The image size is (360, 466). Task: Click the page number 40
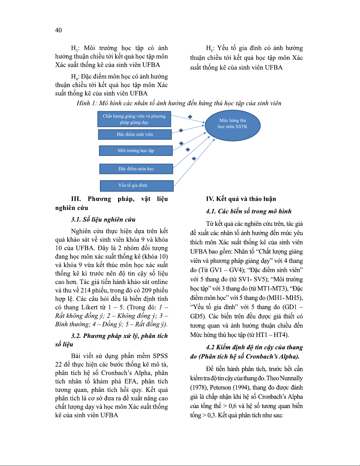click(58, 30)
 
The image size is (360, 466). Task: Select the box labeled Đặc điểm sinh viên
click(135, 134)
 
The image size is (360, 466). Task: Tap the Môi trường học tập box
click(136, 151)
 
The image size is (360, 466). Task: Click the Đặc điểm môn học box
click(136, 169)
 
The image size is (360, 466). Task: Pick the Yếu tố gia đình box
click(137, 186)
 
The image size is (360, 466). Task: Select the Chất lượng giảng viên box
click(134, 119)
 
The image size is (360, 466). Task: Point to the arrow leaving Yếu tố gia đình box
click(194, 163)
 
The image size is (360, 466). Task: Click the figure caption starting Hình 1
click(179, 103)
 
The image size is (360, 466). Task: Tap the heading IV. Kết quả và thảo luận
click(241, 199)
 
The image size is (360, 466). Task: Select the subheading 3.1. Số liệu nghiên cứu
click(103, 220)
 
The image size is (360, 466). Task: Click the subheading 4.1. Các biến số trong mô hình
click(249, 211)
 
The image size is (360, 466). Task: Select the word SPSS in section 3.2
click(160, 356)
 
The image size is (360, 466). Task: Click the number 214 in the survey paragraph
click(86, 290)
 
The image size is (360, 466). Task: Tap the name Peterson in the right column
click(220, 388)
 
